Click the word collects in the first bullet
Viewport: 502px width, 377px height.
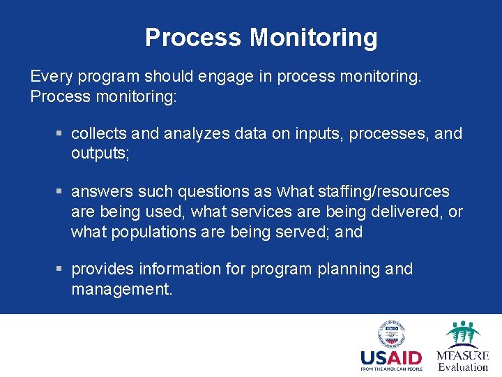(x=97, y=133)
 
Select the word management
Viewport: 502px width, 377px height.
(x=121, y=289)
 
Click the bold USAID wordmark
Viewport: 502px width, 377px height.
(x=390, y=359)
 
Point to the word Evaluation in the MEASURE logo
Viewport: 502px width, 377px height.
(x=463, y=367)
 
